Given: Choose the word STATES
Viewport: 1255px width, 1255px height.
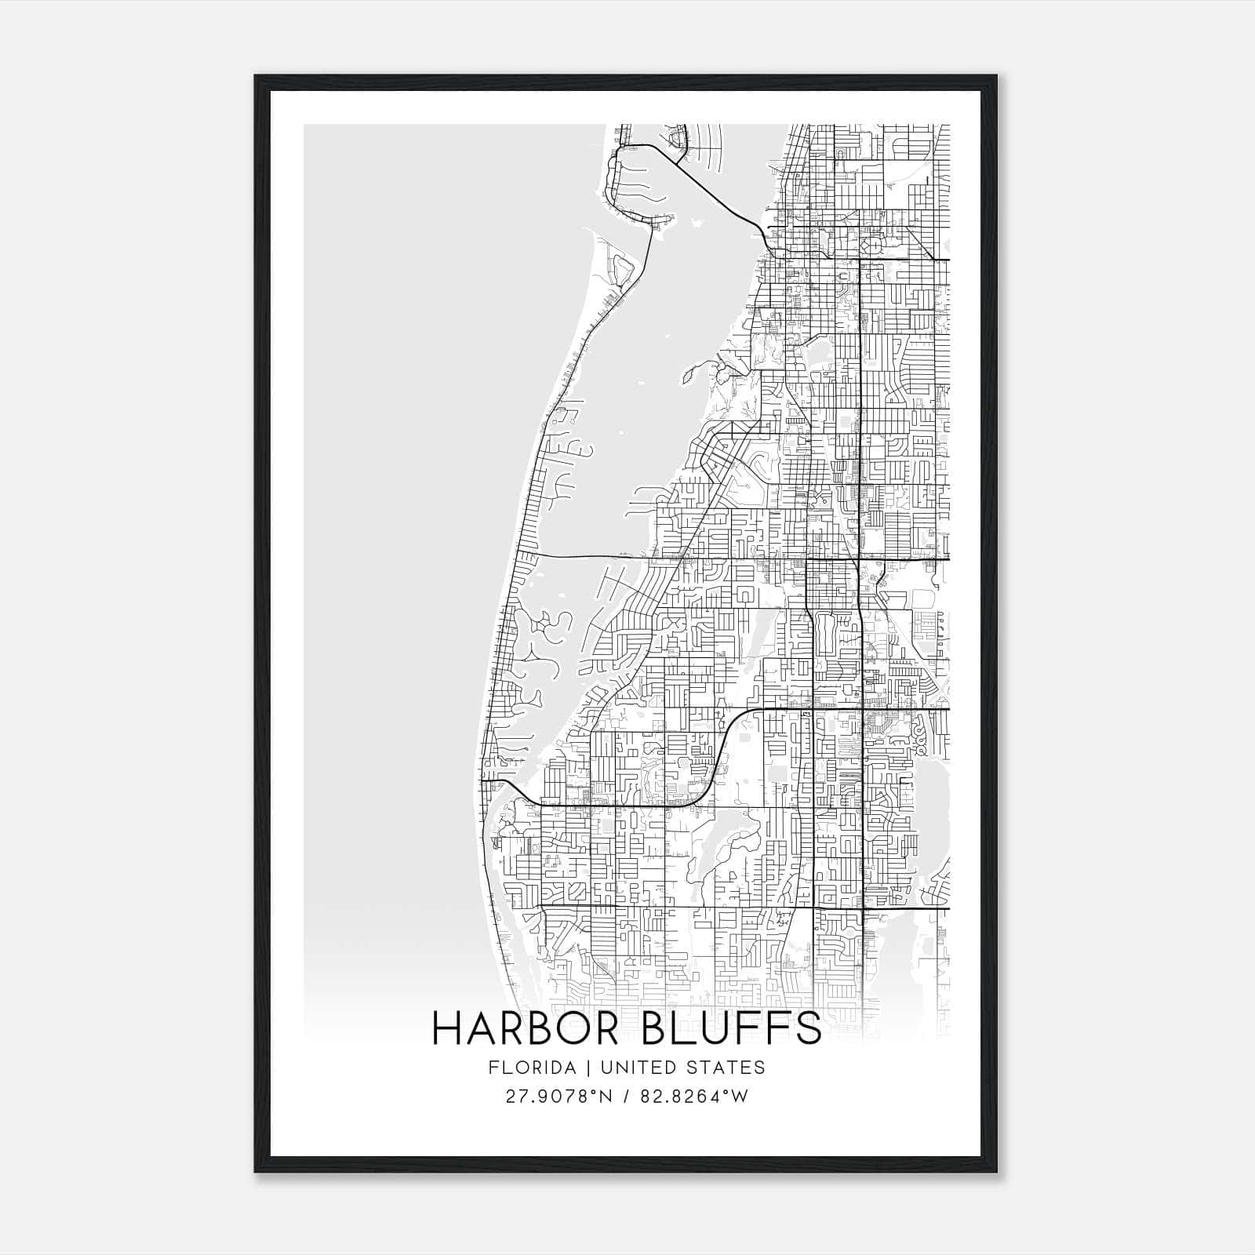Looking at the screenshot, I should click(x=733, y=1067).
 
